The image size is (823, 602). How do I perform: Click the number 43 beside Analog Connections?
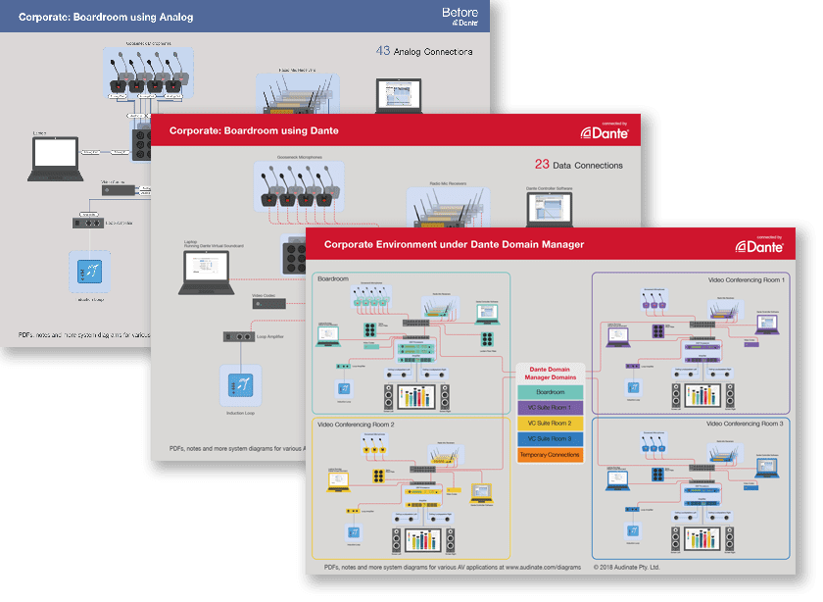(x=383, y=51)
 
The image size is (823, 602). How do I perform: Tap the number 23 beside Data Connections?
(x=541, y=165)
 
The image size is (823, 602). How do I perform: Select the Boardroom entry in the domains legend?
(x=550, y=392)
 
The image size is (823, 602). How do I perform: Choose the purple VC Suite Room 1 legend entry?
(x=550, y=408)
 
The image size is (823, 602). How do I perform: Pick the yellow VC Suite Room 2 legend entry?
(x=550, y=424)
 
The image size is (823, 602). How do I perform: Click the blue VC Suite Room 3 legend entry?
(x=550, y=439)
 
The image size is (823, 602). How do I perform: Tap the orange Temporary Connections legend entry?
(x=550, y=455)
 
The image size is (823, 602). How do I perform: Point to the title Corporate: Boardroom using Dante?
(x=254, y=130)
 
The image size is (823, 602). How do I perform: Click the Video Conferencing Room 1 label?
(x=746, y=280)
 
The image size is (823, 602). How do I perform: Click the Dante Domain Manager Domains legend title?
(x=550, y=373)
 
